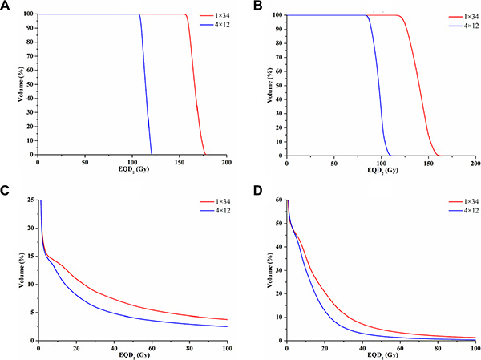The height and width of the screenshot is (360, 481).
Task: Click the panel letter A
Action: pyautogui.click(x=6, y=7)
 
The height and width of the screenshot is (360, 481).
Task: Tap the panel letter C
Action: pyautogui.click(x=6, y=191)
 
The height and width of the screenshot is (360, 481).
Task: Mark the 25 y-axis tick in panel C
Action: pyautogui.click(x=30, y=200)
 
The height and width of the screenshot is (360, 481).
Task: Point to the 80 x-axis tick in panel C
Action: pyautogui.click(x=189, y=347)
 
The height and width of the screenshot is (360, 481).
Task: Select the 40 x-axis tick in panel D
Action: pyautogui.click(x=362, y=347)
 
